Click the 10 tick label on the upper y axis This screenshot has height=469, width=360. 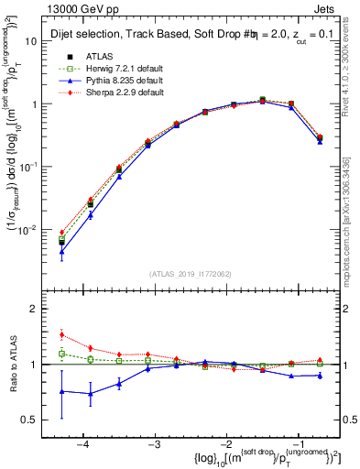coord(30,41)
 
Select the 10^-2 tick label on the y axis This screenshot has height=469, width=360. coord(27,230)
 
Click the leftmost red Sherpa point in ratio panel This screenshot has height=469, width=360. coord(61,334)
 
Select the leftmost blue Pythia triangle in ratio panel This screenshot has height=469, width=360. coord(61,391)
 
